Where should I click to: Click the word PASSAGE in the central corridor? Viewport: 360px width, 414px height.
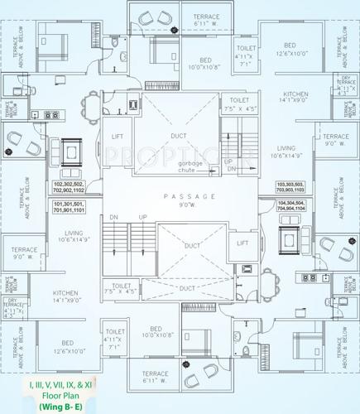[x=178, y=196]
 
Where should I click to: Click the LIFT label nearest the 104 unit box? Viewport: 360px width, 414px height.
[x=242, y=243]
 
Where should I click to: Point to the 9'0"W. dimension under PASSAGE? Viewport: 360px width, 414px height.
[x=178, y=207]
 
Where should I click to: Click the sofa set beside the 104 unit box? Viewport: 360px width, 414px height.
[x=290, y=241]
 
